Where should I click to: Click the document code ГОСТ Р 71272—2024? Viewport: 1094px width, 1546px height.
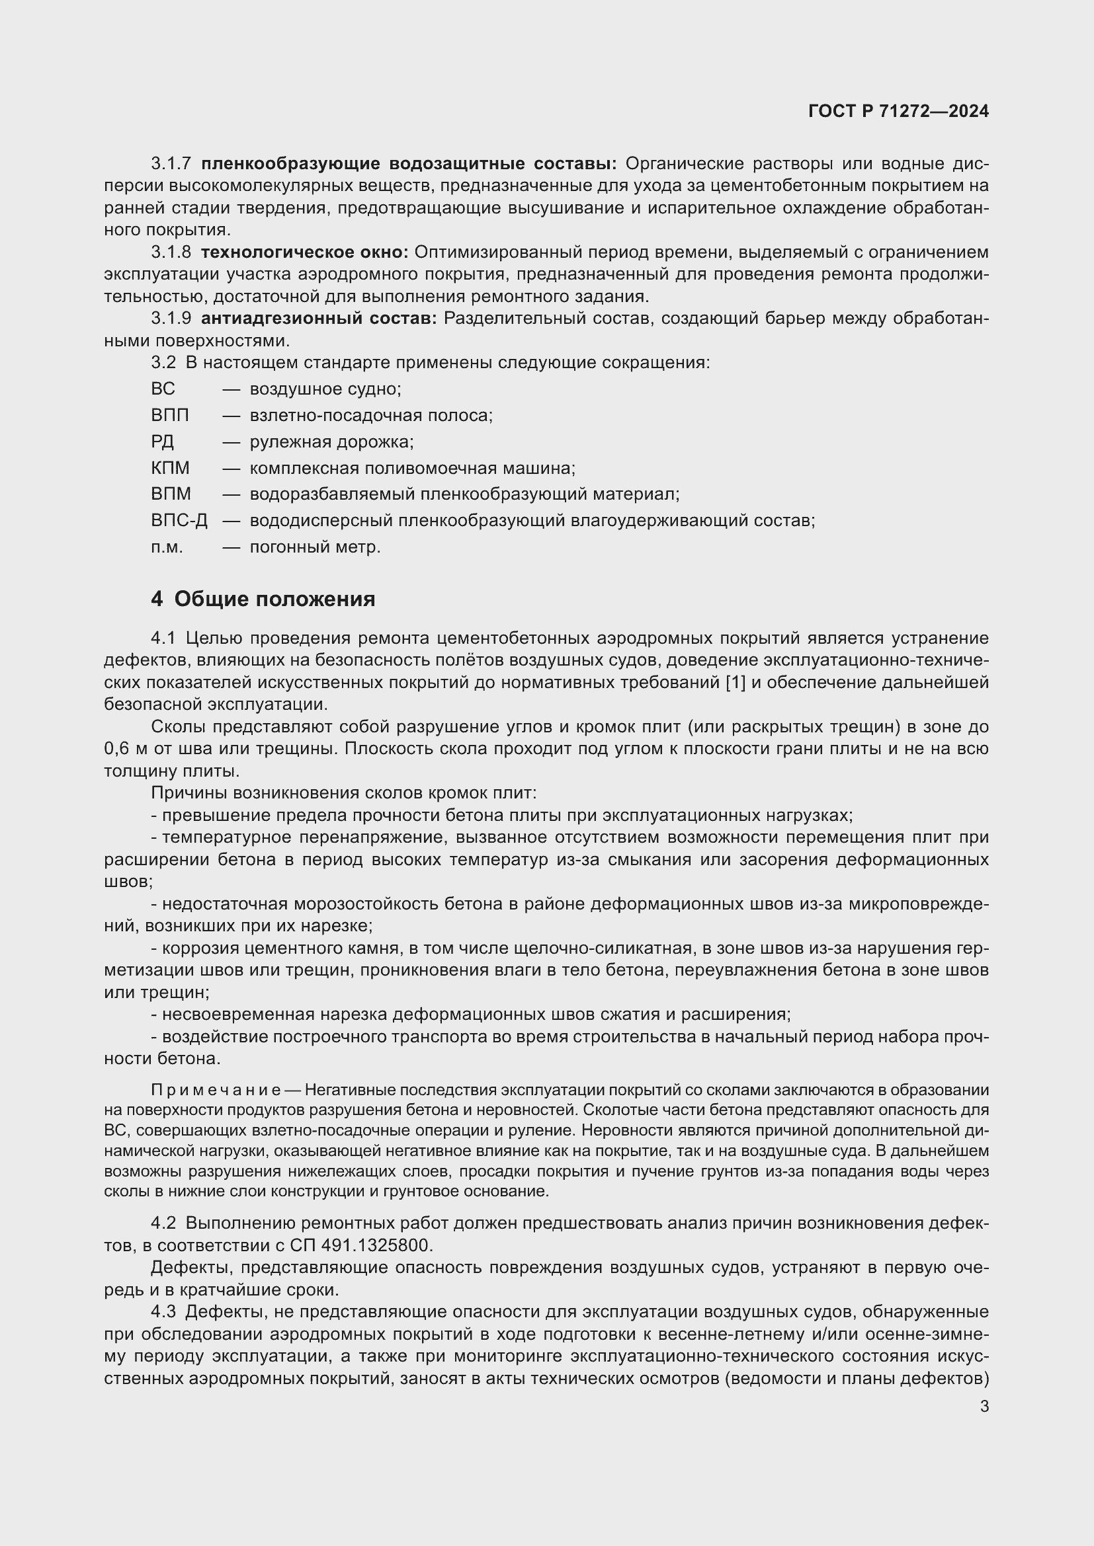[898, 111]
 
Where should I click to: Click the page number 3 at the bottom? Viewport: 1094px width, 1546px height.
[984, 1406]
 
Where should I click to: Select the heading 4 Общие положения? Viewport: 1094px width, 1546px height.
[263, 599]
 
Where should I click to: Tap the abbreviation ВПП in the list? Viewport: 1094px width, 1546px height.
[170, 416]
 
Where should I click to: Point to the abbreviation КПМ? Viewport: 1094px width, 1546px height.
[170, 468]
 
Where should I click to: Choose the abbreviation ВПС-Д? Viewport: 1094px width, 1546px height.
[179, 520]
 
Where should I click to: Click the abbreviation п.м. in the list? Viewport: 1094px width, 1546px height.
[167, 547]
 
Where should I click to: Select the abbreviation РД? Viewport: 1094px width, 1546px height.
[162, 442]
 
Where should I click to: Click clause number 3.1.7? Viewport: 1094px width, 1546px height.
[171, 164]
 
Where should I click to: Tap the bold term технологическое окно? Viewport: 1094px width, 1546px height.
[304, 252]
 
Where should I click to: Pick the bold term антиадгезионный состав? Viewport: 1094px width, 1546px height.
[319, 319]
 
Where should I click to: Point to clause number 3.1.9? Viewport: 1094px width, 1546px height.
[171, 319]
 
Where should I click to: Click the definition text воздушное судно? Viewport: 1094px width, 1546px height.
[325, 389]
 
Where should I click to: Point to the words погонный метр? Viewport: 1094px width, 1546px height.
[315, 547]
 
